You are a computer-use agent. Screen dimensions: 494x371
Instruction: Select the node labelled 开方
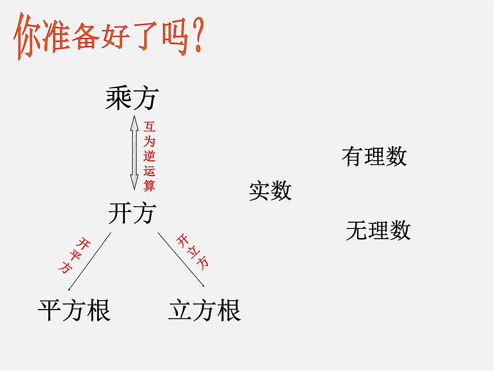(x=131, y=213)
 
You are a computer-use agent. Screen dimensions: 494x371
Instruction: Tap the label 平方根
(x=74, y=311)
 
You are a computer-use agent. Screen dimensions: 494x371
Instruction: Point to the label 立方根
(x=204, y=311)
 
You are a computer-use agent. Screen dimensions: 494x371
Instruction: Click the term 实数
(x=270, y=191)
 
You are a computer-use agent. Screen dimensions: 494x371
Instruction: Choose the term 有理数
(x=374, y=156)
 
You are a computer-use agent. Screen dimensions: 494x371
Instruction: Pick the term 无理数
(x=378, y=230)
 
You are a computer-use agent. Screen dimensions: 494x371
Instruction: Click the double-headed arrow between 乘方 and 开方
(x=134, y=152)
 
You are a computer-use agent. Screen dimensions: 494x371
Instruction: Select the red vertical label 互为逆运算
(x=149, y=155)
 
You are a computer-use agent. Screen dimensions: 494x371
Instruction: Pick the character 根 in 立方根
(x=228, y=311)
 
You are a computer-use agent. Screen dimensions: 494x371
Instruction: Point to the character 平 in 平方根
(x=50, y=311)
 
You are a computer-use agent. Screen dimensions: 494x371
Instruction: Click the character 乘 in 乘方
(x=119, y=99)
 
